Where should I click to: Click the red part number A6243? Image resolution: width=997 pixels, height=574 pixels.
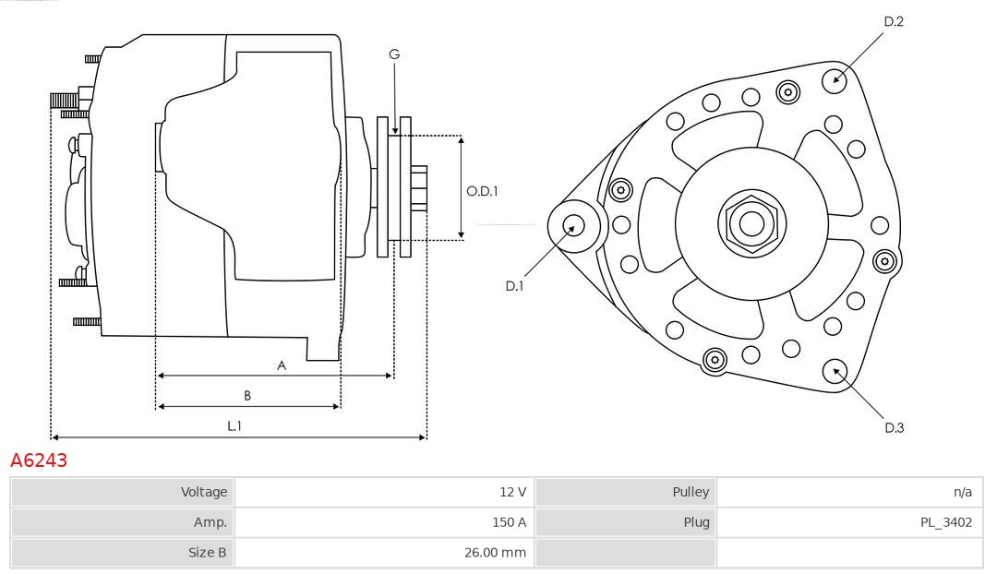pyautogui.click(x=39, y=460)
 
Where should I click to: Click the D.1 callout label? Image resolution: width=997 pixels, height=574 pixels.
pyautogui.click(x=514, y=286)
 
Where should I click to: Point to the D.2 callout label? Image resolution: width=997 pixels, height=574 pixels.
pyautogui.click(x=893, y=21)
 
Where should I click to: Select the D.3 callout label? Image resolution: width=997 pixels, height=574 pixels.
pyautogui.click(x=894, y=427)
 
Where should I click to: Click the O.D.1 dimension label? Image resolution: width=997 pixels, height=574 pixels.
pyautogui.click(x=482, y=192)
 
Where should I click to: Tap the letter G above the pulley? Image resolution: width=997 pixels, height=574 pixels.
pyautogui.click(x=394, y=54)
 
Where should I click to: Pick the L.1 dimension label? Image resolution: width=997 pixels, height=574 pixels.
pyautogui.click(x=234, y=426)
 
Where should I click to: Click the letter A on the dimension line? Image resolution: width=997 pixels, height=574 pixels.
pyautogui.click(x=282, y=365)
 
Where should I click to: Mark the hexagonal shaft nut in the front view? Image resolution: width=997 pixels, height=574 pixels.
pyautogui.click(x=751, y=222)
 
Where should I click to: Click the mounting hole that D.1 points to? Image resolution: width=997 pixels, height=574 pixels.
pyautogui.click(x=573, y=224)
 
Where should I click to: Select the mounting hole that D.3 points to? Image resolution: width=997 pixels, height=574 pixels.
pyautogui.click(x=835, y=371)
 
